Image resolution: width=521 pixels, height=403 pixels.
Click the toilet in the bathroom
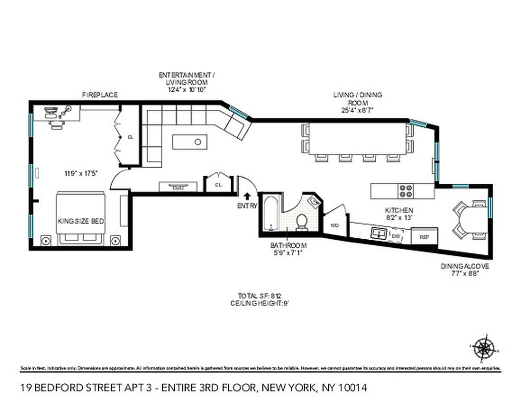pos(302,222)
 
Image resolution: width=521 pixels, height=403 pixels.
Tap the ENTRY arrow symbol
pos(247,196)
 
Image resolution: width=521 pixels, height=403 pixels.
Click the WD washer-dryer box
pos(335,226)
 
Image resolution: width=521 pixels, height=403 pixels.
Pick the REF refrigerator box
pos(424,236)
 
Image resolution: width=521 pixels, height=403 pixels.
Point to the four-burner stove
pos(406,191)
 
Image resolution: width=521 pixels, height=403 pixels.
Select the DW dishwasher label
pos(396,235)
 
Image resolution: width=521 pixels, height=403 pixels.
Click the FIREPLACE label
pos(100,95)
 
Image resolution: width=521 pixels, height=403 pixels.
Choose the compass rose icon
pos(485,347)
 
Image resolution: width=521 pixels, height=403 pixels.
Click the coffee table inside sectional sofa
pos(189,142)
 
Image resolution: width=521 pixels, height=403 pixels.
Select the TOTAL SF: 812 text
pos(259,296)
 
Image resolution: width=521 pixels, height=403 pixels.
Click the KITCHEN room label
pos(399,210)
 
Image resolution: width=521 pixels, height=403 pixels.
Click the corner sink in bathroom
pos(313,202)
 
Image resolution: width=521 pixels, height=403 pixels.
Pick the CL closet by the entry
pos(218,184)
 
